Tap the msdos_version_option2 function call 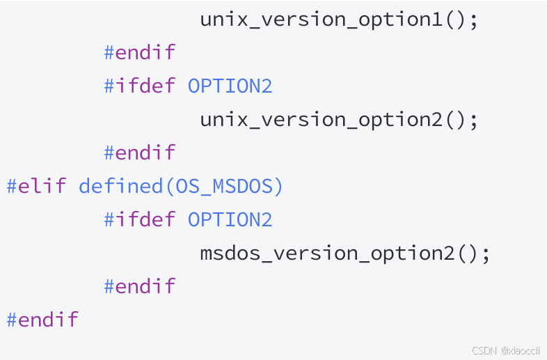point(327,253)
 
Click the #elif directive point(36,187)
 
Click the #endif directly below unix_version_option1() point(139,53)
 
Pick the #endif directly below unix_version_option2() point(139,153)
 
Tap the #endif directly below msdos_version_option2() point(139,287)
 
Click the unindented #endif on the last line point(42,320)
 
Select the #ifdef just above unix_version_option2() point(139,86)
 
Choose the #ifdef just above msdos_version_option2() point(139,220)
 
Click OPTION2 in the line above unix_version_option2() point(230,86)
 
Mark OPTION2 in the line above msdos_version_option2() point(230,220)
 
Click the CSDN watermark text point(484,350)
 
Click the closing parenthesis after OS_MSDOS point(278,187)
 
